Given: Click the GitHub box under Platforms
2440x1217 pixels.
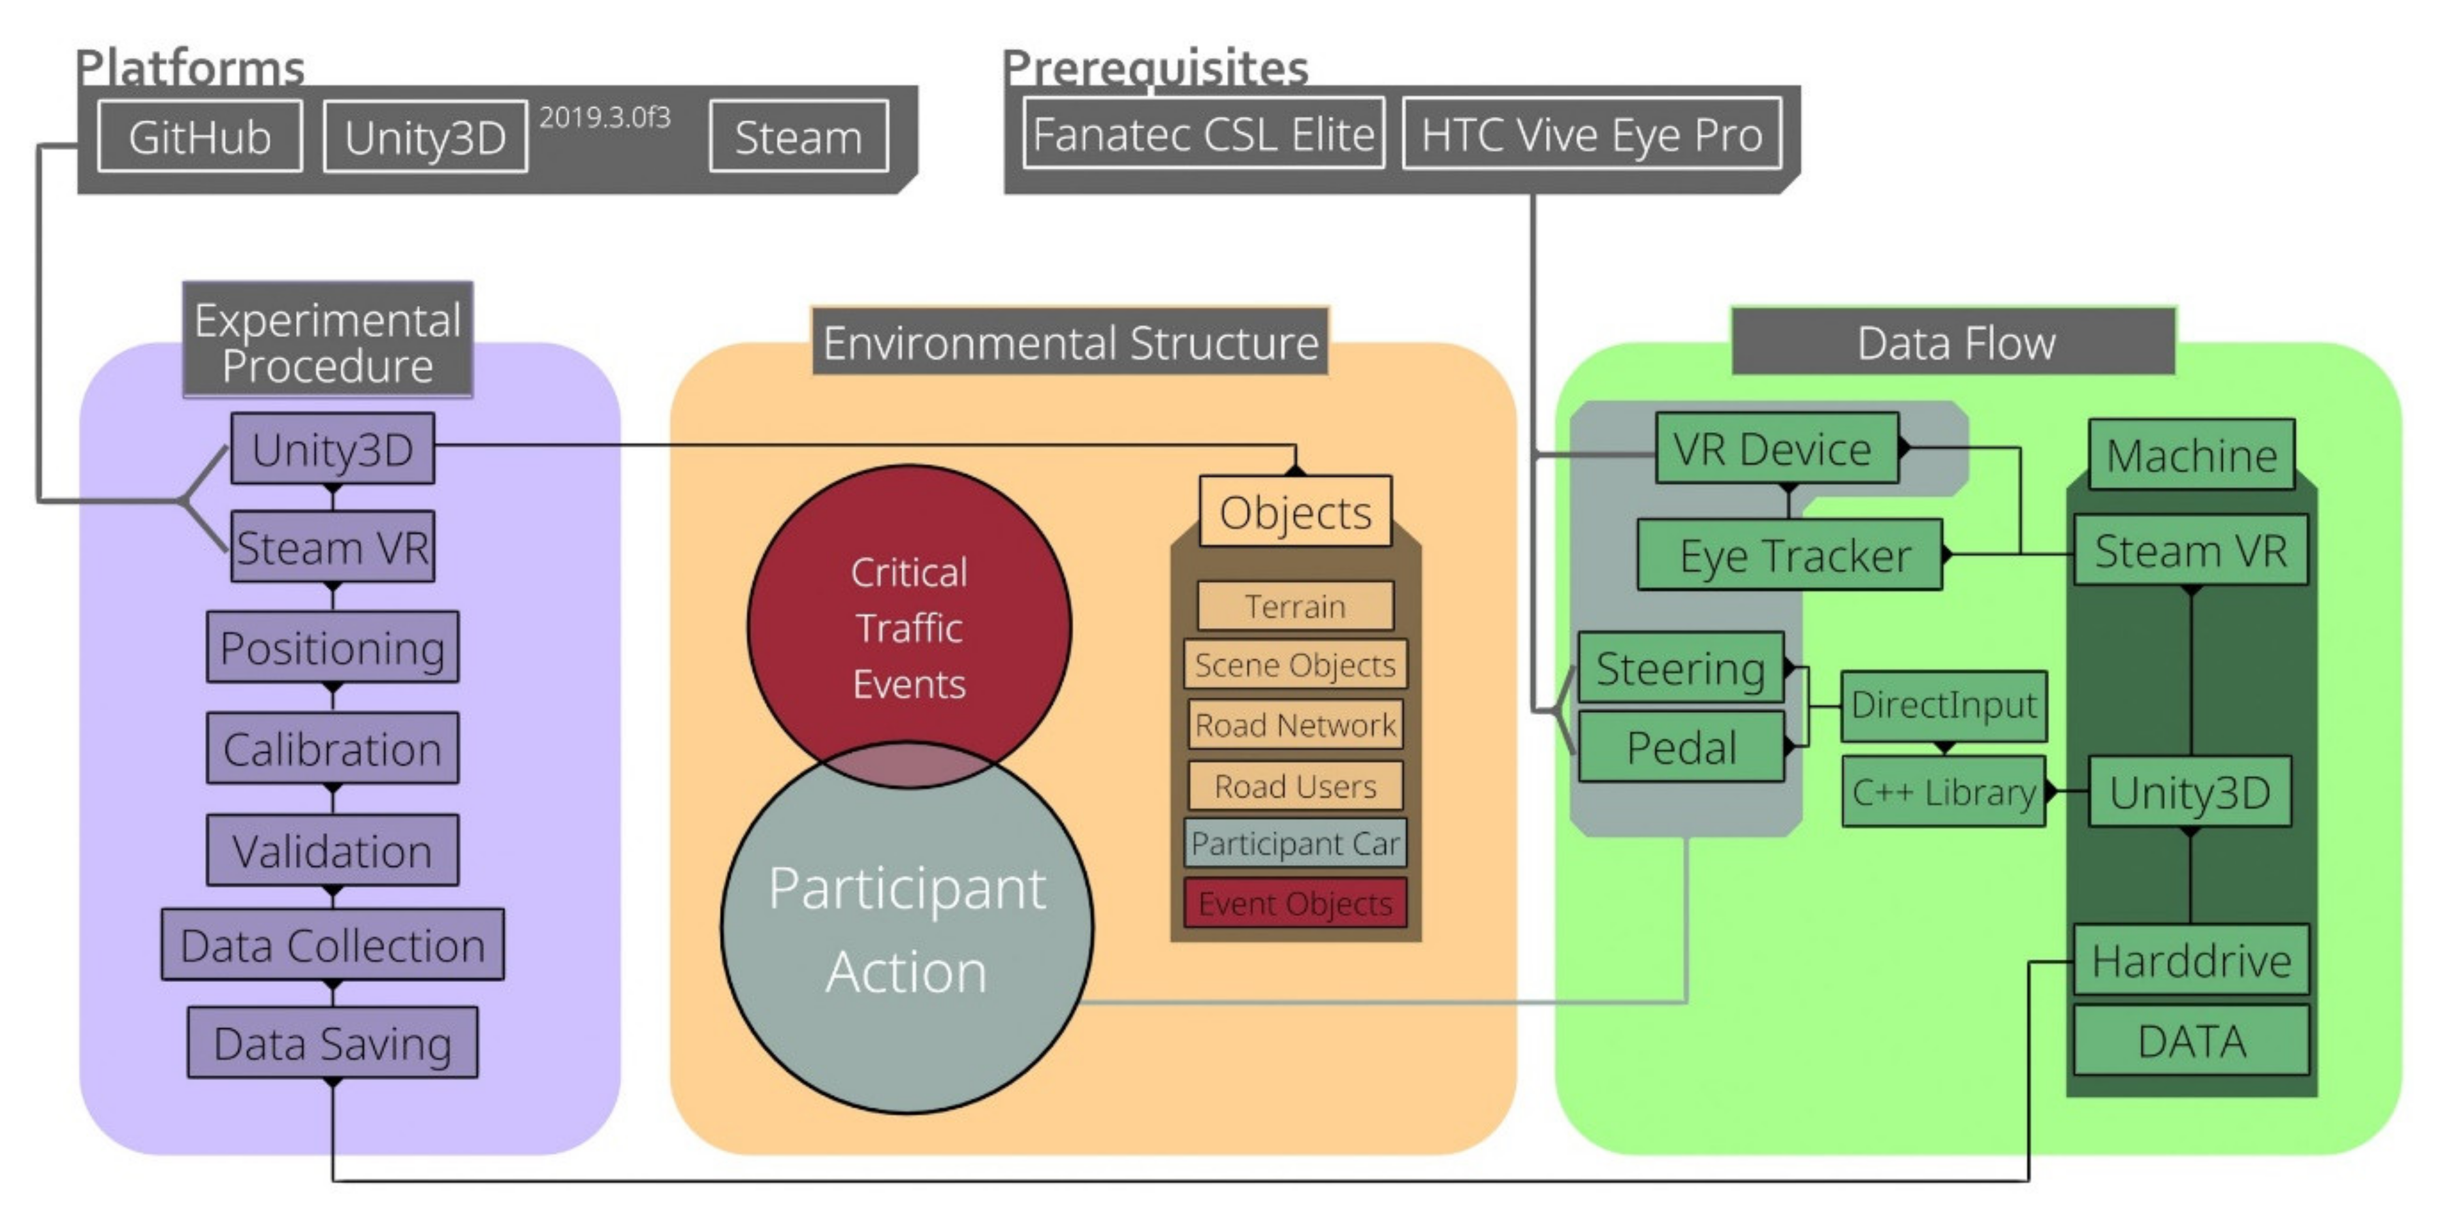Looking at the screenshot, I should (x=200, y=137).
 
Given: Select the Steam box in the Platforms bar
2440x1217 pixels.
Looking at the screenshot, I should (x=799, y=137).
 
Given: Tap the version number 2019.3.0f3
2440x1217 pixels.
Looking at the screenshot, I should (x=604, y=118).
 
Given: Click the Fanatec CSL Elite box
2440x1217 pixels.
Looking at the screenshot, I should (x=1203, y=134).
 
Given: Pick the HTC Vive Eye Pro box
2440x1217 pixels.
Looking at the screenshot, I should (x=1592, y=134).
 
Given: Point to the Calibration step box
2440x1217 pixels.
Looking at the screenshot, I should (x=332, y=749).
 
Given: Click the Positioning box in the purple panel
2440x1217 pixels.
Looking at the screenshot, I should (x=332, y=648).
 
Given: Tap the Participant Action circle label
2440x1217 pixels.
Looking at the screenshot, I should (x=907, y=930).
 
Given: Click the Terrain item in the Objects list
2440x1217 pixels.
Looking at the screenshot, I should (x=1295, y=606).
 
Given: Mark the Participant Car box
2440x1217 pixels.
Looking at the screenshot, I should (x=1295, y=843).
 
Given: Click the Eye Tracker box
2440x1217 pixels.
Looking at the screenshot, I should (x=1790, y=556).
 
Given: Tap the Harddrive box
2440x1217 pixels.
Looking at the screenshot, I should (x=2191, y=960).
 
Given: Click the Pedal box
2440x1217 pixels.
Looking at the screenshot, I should (x=1680, y=748).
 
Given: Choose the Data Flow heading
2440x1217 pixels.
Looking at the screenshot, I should (x=1954, y=343).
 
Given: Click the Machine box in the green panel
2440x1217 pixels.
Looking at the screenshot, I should (x=2191, y=456).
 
